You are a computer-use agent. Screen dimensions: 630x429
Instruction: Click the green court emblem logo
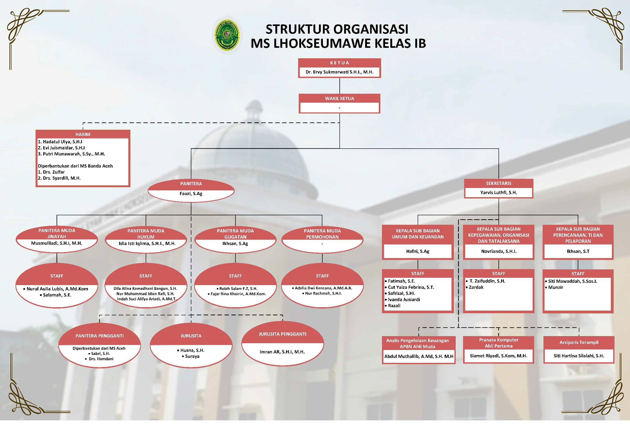(227, 35)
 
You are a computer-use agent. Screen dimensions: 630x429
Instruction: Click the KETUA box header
(339, 63)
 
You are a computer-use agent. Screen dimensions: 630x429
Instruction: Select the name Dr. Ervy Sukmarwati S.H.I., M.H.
(339, 72)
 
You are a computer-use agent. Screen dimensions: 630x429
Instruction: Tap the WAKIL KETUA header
(339, 98)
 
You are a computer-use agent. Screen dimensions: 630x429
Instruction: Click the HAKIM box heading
(83, 134)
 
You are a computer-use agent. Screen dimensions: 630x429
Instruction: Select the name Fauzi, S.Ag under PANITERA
(191, 193)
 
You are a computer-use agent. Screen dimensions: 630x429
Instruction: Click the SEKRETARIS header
(498, 183)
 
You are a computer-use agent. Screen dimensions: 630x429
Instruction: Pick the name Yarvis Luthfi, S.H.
(498, 192)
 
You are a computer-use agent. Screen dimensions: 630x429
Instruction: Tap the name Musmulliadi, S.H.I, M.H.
(57, 243)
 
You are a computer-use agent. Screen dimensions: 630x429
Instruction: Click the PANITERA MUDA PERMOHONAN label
(322, 234)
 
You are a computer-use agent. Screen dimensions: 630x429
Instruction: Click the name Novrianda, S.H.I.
(499, 251)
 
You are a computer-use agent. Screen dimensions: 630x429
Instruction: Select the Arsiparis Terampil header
(579, 343)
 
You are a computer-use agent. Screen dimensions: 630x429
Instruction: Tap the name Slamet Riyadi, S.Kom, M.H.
(498, 356)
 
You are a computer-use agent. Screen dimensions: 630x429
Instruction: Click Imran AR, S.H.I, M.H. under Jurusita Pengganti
(282, 352)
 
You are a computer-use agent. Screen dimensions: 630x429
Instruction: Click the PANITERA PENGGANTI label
(99, 336)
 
